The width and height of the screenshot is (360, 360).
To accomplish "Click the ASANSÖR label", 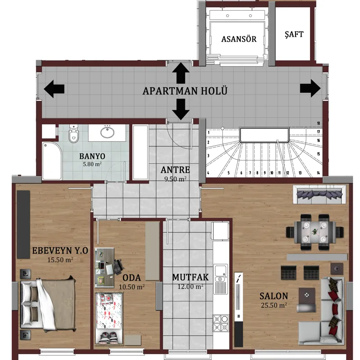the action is (x=239, y=39).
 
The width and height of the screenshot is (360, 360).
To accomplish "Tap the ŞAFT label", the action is (x=294, y=34).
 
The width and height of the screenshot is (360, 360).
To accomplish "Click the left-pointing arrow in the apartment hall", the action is (x=54, y=89).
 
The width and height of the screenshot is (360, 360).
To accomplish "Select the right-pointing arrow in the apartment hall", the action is (x=310, y=88).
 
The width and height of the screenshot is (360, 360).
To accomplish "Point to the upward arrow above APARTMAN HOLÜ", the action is (x=181, y=73).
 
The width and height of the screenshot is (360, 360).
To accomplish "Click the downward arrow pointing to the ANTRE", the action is (x=181, y=109).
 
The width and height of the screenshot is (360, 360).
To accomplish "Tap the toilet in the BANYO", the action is (x=73, y=133).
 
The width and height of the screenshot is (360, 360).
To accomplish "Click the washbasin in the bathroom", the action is (x=107, y=132).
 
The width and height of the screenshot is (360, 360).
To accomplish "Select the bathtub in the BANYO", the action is (x=52, y=161).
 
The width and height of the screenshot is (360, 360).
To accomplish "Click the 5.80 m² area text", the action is (x=92, y=164).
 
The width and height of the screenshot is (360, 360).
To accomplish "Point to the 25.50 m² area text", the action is (x=274, y=305).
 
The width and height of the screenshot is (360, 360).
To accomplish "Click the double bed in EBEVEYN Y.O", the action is (x=48, y=304).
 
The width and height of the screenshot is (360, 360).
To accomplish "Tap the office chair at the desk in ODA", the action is (x=118, y=266).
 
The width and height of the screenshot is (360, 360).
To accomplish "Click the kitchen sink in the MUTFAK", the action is (x=220, y=279).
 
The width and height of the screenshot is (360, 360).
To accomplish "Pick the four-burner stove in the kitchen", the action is (x=221, y=323).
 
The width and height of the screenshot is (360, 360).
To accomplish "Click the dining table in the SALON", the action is (x=315, y=232).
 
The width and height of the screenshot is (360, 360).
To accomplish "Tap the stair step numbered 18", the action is (x=318, y=123).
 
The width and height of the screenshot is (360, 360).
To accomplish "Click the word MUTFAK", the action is (x=190, y=277).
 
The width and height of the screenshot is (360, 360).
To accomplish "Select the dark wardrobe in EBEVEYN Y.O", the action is (x=23, y=225).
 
